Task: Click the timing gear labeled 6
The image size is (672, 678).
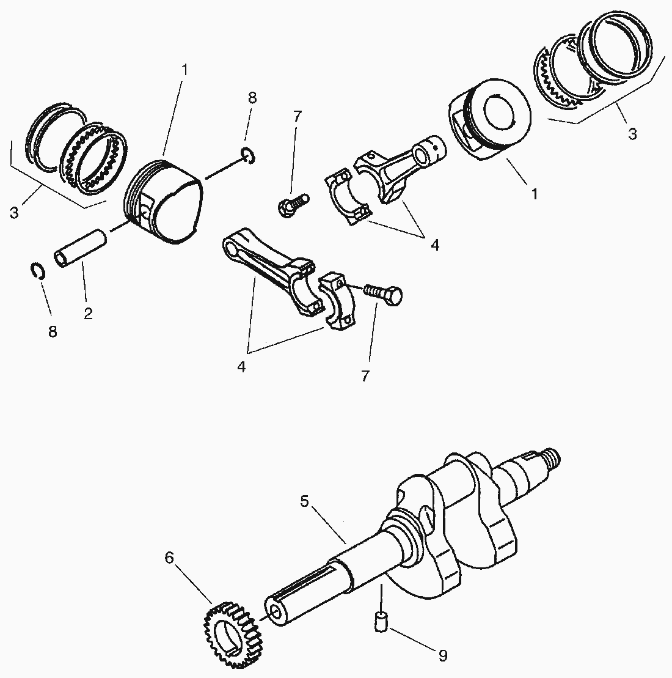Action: tap(230, 633)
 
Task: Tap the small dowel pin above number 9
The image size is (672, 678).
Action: tap(380, 621)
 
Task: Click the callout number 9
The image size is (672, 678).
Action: tap(442, 656)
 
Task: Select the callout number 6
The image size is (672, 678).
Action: tap(169, 558)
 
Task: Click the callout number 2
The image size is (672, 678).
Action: tap(88, 314)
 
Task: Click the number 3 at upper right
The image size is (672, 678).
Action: tap(632, 133)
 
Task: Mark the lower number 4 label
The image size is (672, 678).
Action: tap(241, 367)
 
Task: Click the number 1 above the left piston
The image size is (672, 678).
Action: tap(184, 69)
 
